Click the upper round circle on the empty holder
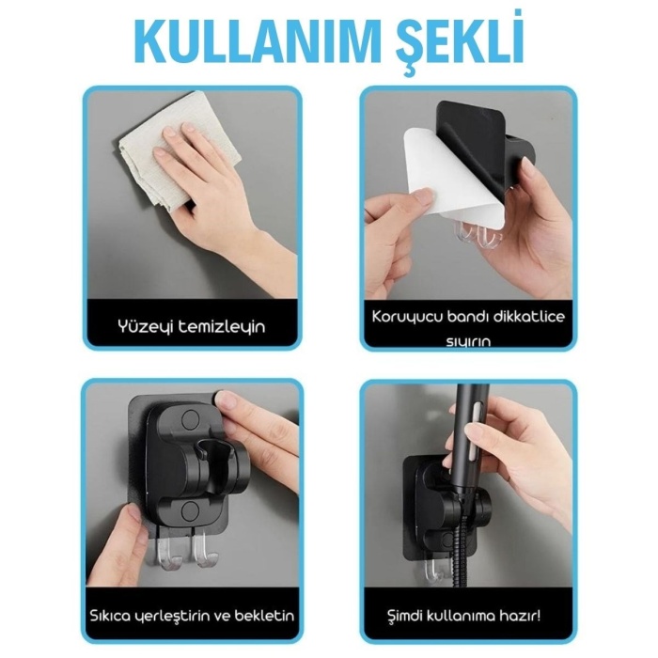(187, 416)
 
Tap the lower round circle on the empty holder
(189, 509)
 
